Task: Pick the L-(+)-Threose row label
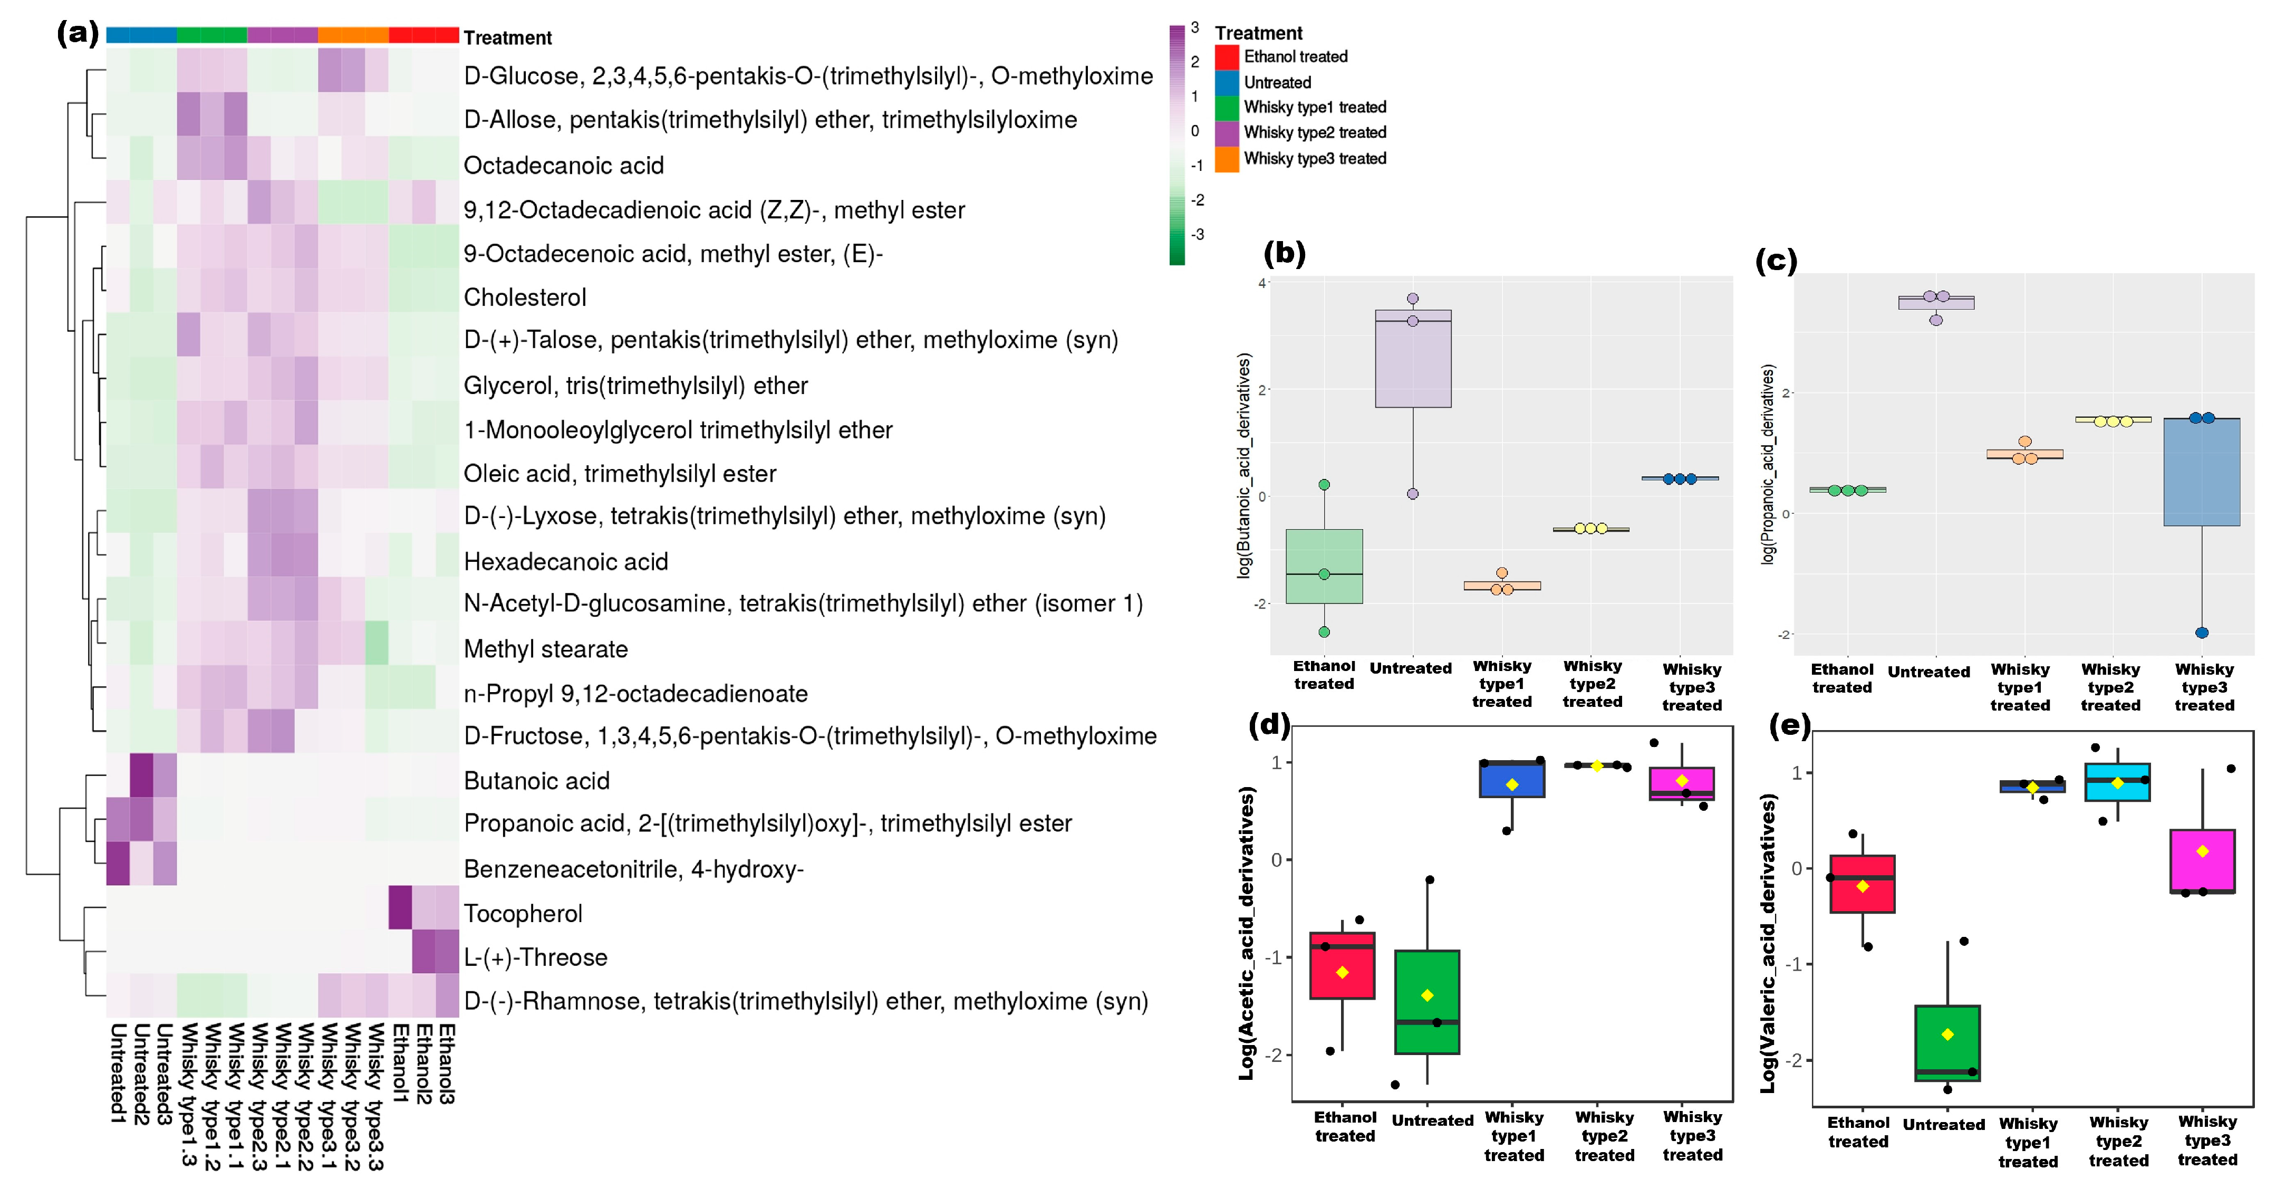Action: point(535,957)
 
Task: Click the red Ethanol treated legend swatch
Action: point(1227,56)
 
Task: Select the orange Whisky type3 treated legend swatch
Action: point(1227,159)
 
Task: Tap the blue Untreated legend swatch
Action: point(1227,82)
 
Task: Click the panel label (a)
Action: point(78,34)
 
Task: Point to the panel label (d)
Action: point(1269,725)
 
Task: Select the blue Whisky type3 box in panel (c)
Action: point(2201,472)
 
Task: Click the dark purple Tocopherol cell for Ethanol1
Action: point(400,908)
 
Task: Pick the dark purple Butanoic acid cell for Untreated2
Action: point(141,775)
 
